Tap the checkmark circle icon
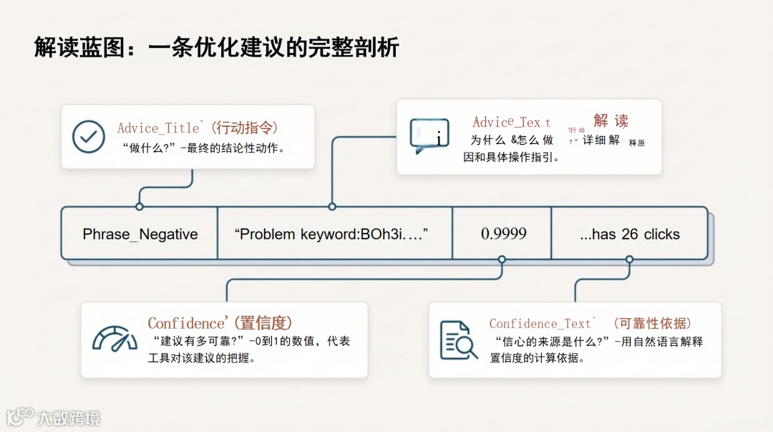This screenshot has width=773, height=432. click(89, 136)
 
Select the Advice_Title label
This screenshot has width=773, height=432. click(159, 128)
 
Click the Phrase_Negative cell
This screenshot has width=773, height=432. click(140, 234)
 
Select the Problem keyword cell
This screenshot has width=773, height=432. click(334, 234)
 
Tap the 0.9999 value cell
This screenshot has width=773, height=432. click(503, 234)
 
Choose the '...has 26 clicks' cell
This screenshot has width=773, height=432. click(630, 234)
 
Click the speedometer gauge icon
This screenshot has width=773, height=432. click(115, 340)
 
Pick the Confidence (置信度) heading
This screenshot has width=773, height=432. click(220, 323)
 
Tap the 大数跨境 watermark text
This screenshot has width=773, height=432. click(69, 418)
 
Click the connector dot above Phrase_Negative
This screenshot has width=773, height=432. click(140, 206)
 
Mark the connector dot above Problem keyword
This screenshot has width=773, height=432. click(332, 206)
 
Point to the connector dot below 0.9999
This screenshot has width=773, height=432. click(502, 259)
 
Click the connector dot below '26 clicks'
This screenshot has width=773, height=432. click(629, 259)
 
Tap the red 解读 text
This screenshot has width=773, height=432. click(611, 120)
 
